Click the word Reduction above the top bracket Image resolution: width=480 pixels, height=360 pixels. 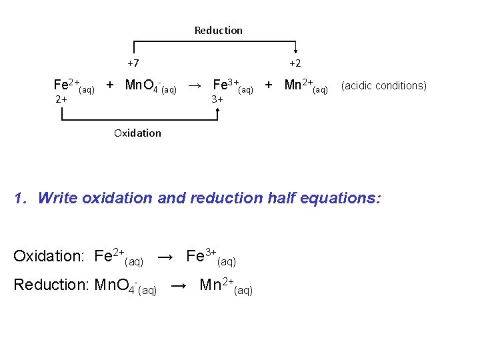click(x=218, y=30)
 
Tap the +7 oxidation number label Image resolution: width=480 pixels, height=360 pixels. click(x=133, y=63)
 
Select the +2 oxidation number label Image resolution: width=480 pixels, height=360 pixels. click(x=295, y=63)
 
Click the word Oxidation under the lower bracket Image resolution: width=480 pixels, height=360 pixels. click(x=137, y=133)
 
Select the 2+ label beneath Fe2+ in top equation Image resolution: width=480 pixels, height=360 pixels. click(x=61, y=99)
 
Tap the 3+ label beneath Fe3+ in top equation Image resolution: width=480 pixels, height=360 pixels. click(x=217, y=99)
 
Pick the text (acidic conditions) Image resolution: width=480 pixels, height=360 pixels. click(x=383, y=85)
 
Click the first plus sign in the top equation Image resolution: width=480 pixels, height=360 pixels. click(x=110, y=85)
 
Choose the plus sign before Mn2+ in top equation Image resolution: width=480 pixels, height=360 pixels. click(x=268, y=85)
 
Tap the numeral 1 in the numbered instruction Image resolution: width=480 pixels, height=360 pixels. click(x=20, y=198)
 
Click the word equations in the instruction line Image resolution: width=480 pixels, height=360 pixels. click(x=340, y=198)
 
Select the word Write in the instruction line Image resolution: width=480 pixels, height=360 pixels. click(x=58, y=198)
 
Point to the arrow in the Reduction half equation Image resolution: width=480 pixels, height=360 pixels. click(x=179, y=285)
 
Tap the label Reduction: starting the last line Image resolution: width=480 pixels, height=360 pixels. click(x=51, y=285)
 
